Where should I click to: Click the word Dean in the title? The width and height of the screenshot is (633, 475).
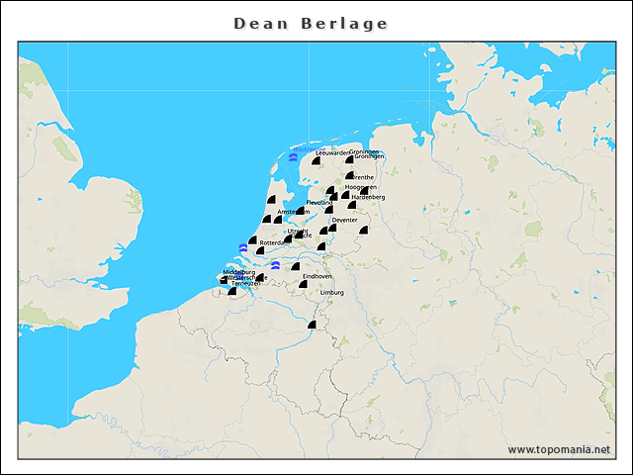[x=258, y=23]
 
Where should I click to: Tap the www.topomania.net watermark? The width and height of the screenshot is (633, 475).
[x=559, y=449]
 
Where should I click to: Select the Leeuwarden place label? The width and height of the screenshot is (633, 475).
[x=331, y=153]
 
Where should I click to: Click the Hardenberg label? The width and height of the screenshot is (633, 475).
[x=368, y=197]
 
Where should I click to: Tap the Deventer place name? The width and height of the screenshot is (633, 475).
[x=344, y=219]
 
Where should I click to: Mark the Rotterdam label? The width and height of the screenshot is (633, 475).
[x=273, y=242]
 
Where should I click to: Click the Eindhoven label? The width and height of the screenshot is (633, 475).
[x=317, y=276]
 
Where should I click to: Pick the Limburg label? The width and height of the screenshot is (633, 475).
[x=331, y=293]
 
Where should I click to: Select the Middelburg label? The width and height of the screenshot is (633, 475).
[x=239, y=271]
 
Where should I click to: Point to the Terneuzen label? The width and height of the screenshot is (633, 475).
[x=245, y=284]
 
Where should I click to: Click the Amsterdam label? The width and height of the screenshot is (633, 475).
[x=294, y=212]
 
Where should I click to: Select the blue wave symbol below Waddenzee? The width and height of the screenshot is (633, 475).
[x=293, y=157]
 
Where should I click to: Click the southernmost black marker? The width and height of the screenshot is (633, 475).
[x=312, y=325]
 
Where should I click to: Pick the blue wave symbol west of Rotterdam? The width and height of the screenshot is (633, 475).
[x=243, y=248]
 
